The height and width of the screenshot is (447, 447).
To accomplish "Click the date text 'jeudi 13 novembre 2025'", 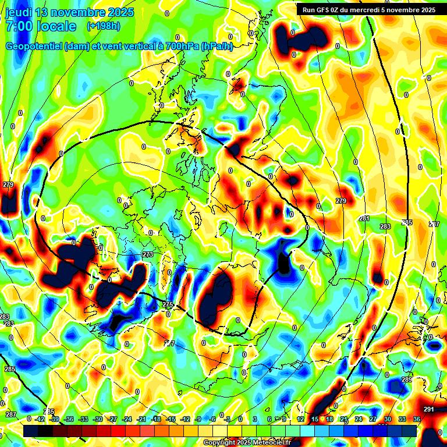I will pyautogui.click(x=69, y=12).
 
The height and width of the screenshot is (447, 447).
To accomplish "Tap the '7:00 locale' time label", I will pyautogui.click(x=41, y=26).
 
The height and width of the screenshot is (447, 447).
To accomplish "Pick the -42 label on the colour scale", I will pyautogui.click(x=40, y=419).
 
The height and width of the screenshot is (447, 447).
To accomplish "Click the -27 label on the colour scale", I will pyautogui.click(x=112, y=419).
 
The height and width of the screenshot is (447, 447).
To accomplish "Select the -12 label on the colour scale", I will pyautogui.click(x=185, y=419).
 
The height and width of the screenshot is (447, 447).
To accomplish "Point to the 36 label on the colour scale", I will pyautogui.click(x=417, y=419).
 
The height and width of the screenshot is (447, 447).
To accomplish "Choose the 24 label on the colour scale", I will pyautogui.click(x=359, y=419).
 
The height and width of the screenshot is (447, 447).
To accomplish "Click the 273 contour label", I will pyautogui.click(x=147, y=254).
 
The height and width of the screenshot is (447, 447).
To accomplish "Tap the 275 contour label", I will pyautogui.click(x=168, y=305).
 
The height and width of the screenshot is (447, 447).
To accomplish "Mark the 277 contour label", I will pyautogui.click(x=169, y=344).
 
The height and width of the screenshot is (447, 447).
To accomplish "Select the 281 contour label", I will pyautogui.click(x=364, y=218).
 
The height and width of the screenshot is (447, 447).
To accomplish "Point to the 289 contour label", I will pyautogui.click(x=406, y=379).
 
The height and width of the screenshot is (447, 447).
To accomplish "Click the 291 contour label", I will pyautogui.click(x=429, y=409).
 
